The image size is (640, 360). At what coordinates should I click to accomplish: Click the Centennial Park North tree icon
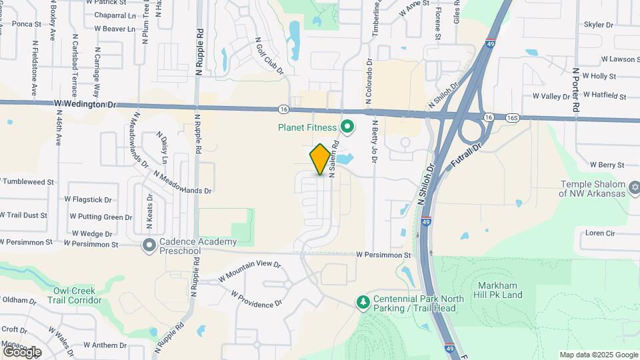pyautogui.click(x=363, y=303)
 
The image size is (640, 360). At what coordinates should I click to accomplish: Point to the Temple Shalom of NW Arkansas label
pyautogui.click(x=593, y=189)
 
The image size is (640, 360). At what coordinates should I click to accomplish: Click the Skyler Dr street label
pyautogui.click(x=598, y=25)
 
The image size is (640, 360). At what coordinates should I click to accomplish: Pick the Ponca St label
pyautogui.click(x=27, y=24)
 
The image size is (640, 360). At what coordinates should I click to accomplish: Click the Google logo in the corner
pyautogui.click(x=22, y=352)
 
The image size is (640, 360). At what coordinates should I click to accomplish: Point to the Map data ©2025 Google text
pyautogui.click(x=599, y=355)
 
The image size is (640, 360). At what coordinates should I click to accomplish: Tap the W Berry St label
pyautogui.click(x=607, y=165)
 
